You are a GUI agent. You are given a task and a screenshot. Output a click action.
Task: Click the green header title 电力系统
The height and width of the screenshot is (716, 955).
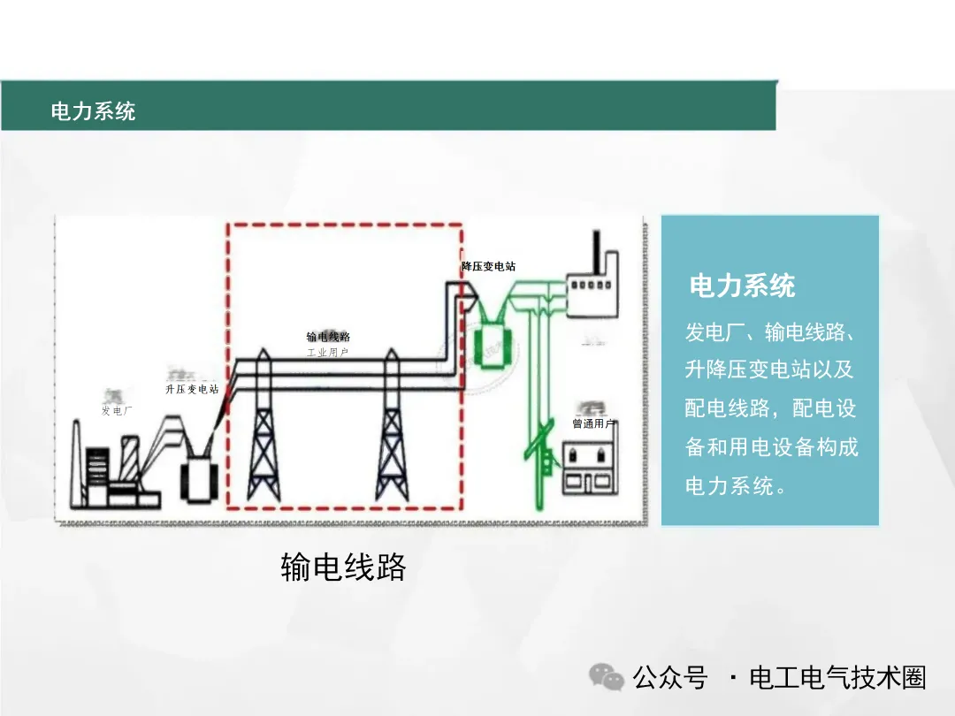pos(93,111)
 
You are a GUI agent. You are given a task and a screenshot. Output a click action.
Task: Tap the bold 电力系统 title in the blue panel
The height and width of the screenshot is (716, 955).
pos(742,286)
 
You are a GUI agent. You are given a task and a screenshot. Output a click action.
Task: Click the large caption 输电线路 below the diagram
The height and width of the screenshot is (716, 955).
pos(343,567)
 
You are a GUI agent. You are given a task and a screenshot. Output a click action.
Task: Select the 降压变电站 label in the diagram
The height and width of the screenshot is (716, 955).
pos(488,266)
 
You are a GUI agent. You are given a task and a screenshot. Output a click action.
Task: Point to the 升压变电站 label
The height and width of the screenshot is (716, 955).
pos(191,389)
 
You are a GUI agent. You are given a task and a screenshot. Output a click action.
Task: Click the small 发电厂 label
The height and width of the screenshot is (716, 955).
pos(116,411)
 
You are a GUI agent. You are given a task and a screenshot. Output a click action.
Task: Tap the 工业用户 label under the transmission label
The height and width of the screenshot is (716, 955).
pos(327,352)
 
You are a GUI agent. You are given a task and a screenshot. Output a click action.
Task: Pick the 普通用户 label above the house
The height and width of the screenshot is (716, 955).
pos(593,424)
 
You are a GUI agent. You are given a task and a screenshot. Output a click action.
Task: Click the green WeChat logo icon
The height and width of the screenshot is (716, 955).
pos(607,677)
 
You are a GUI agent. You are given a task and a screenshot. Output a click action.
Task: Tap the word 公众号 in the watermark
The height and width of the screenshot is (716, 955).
pos(670,678)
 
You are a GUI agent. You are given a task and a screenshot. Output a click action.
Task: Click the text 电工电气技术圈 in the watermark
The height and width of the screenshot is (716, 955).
pos(837,678)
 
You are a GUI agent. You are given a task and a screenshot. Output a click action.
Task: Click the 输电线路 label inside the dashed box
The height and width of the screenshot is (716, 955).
pos(328,337)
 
